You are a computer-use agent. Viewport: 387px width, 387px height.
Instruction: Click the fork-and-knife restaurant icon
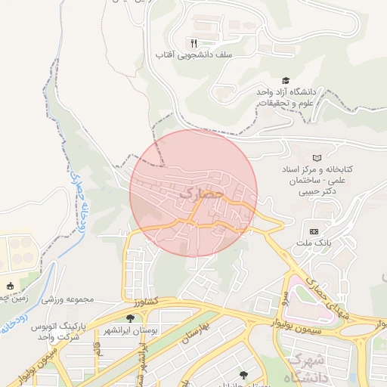point(193,43)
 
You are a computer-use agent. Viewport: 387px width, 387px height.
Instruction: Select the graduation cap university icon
point(286,80)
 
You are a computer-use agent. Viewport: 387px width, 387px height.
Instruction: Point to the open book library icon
point(317,156)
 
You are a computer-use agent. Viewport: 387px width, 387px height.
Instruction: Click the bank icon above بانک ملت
point(314,231)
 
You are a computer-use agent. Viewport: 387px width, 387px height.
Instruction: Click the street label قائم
point(98,350)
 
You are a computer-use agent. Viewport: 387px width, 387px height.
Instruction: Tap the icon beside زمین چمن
point(10,286)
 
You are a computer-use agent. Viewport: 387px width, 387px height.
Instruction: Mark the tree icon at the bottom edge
point(242,374)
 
